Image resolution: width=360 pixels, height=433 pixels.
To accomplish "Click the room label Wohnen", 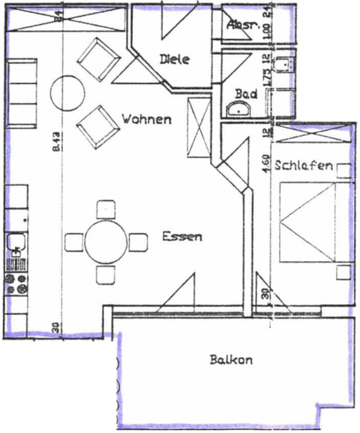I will (146, 119).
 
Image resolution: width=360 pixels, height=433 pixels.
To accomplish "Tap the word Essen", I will (181, 236).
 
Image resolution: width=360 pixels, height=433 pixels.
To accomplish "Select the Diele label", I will (175, 59).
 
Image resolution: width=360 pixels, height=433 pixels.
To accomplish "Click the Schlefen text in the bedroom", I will (303, 165).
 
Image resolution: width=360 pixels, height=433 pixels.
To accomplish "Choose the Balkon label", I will (231, 359).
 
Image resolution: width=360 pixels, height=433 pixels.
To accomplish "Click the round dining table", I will (105, 242).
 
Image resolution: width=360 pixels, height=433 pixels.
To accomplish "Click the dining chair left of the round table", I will (74, 242).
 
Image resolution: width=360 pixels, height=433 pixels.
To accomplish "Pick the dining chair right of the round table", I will (138, 242).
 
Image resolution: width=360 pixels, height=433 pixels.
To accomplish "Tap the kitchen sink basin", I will (14, 244).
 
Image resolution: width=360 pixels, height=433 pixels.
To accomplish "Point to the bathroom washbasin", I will (239, 110).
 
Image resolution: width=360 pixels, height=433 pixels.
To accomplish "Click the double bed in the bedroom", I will (313, 223).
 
